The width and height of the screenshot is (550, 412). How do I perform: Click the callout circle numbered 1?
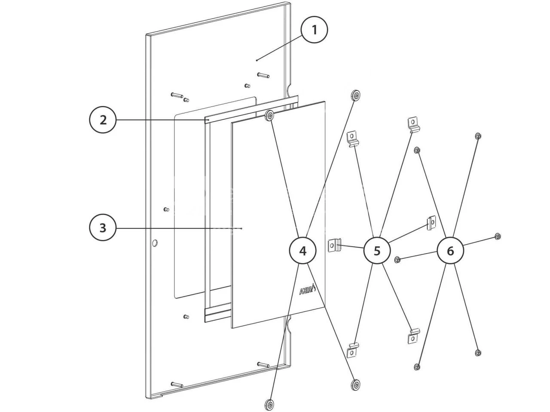point(315,30)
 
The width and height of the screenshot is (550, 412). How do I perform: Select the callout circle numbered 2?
point(103,120)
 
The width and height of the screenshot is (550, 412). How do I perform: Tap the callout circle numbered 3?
point(103,227)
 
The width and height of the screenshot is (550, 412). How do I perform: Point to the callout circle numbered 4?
point(303,251)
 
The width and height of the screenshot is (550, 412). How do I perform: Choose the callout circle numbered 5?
point(377,251)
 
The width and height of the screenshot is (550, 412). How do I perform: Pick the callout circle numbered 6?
point(450,251)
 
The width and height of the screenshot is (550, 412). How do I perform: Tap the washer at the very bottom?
point(270,405)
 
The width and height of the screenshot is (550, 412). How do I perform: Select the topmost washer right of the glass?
point(356,96)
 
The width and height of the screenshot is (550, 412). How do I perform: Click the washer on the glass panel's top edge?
point(270,115)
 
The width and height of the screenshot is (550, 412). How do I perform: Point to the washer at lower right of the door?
point(355,384)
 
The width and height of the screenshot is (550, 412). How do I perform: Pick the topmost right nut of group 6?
point(478,136)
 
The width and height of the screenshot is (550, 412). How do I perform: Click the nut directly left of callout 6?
point(397,259)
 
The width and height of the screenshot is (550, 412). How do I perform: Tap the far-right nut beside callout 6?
point(497,236)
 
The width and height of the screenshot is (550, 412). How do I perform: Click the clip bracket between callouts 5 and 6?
point(431,222)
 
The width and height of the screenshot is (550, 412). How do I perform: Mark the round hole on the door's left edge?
point(155,243)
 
